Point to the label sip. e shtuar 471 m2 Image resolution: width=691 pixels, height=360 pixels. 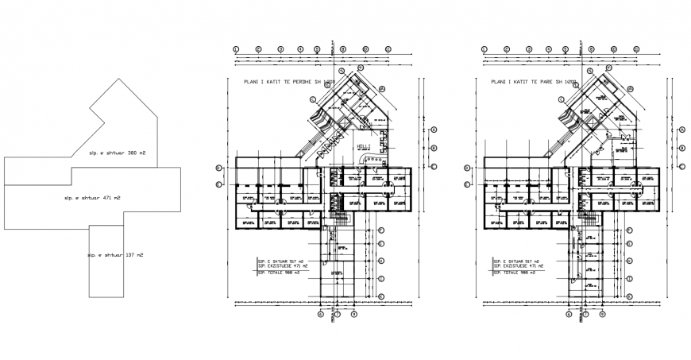coord(92,196)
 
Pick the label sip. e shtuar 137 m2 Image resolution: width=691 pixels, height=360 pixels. coord(115,255)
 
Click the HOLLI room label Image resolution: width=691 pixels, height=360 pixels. coord(364,147)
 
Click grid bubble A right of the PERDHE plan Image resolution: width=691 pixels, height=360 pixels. coord(434,130)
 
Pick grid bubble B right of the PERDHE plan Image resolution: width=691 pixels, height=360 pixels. coord(434,148)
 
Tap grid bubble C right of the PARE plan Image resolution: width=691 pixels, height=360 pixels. coord(681,166)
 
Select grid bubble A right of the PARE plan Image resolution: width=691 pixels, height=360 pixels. coord(681,130)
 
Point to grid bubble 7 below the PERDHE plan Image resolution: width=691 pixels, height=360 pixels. coord(338,314)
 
